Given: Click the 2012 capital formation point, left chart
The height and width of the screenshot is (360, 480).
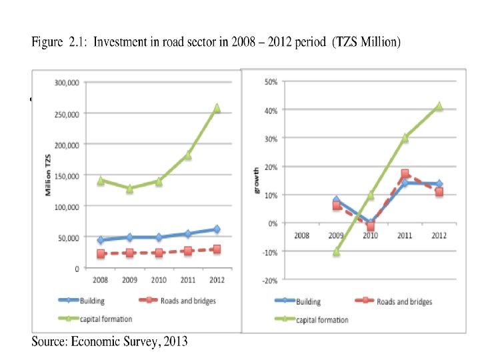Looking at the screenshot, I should [216, 108].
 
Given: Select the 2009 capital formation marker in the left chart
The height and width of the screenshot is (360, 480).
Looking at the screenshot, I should [129, 189].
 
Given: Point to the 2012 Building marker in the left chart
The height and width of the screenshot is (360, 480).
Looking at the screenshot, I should [216, 229].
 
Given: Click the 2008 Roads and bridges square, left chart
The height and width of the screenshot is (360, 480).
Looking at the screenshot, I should [101, 254].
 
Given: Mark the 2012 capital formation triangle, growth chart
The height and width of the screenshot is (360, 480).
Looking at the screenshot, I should [439, 106].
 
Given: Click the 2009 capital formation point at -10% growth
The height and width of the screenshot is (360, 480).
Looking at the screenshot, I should [337, 251].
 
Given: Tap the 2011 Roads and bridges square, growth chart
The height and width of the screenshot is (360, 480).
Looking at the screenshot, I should [405, 174].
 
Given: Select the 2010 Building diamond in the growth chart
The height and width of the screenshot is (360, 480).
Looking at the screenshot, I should [371, 223].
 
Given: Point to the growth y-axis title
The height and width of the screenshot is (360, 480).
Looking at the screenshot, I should [257, 181].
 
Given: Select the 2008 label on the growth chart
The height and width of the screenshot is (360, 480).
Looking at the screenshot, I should [303, 235].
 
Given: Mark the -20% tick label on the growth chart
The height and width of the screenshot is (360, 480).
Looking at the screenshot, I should [270, 281].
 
